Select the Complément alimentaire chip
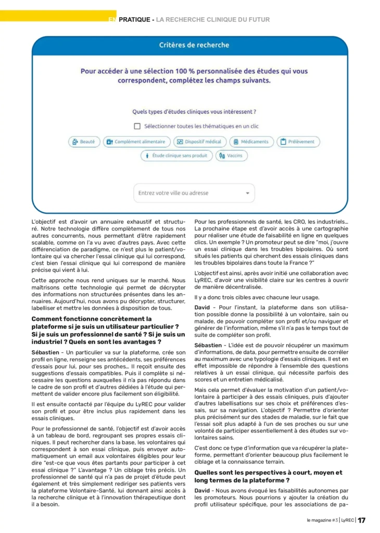(137, 142)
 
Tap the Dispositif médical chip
(200, 142)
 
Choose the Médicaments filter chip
(250, 142)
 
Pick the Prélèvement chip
(298, 142)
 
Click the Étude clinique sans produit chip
(176, 156)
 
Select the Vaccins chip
(232, 156)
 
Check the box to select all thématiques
(137, 126)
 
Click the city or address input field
(187, 193)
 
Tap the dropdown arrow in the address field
(247, 193)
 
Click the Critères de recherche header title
(194, 45)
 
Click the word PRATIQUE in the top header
(135, 20)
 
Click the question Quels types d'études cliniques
(194, 111)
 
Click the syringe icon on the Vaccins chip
(222, 156)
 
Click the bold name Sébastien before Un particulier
(46, 352)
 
